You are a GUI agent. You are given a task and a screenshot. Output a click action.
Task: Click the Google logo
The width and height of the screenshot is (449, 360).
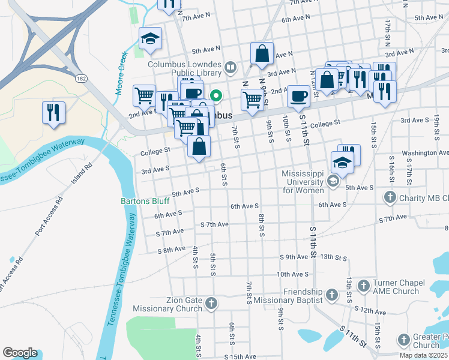pos(20,353)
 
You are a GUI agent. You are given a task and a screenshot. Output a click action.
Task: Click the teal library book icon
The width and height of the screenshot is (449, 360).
pos(231,67)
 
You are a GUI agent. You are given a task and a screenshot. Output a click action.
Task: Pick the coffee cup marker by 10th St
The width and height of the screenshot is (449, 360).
pos(298,95)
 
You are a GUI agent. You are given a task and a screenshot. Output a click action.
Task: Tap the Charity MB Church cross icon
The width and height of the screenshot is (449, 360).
pos(390,197)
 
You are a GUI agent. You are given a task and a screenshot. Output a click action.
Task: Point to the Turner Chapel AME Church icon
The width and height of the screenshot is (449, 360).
pos(363,286)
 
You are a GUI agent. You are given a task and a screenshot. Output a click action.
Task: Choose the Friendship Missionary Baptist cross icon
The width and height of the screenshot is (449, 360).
pos(331,295)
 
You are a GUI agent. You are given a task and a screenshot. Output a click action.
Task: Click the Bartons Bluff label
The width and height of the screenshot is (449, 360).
pos(143,202)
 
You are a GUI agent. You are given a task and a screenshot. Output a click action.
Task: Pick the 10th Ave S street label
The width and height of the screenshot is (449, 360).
pos(292,274)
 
